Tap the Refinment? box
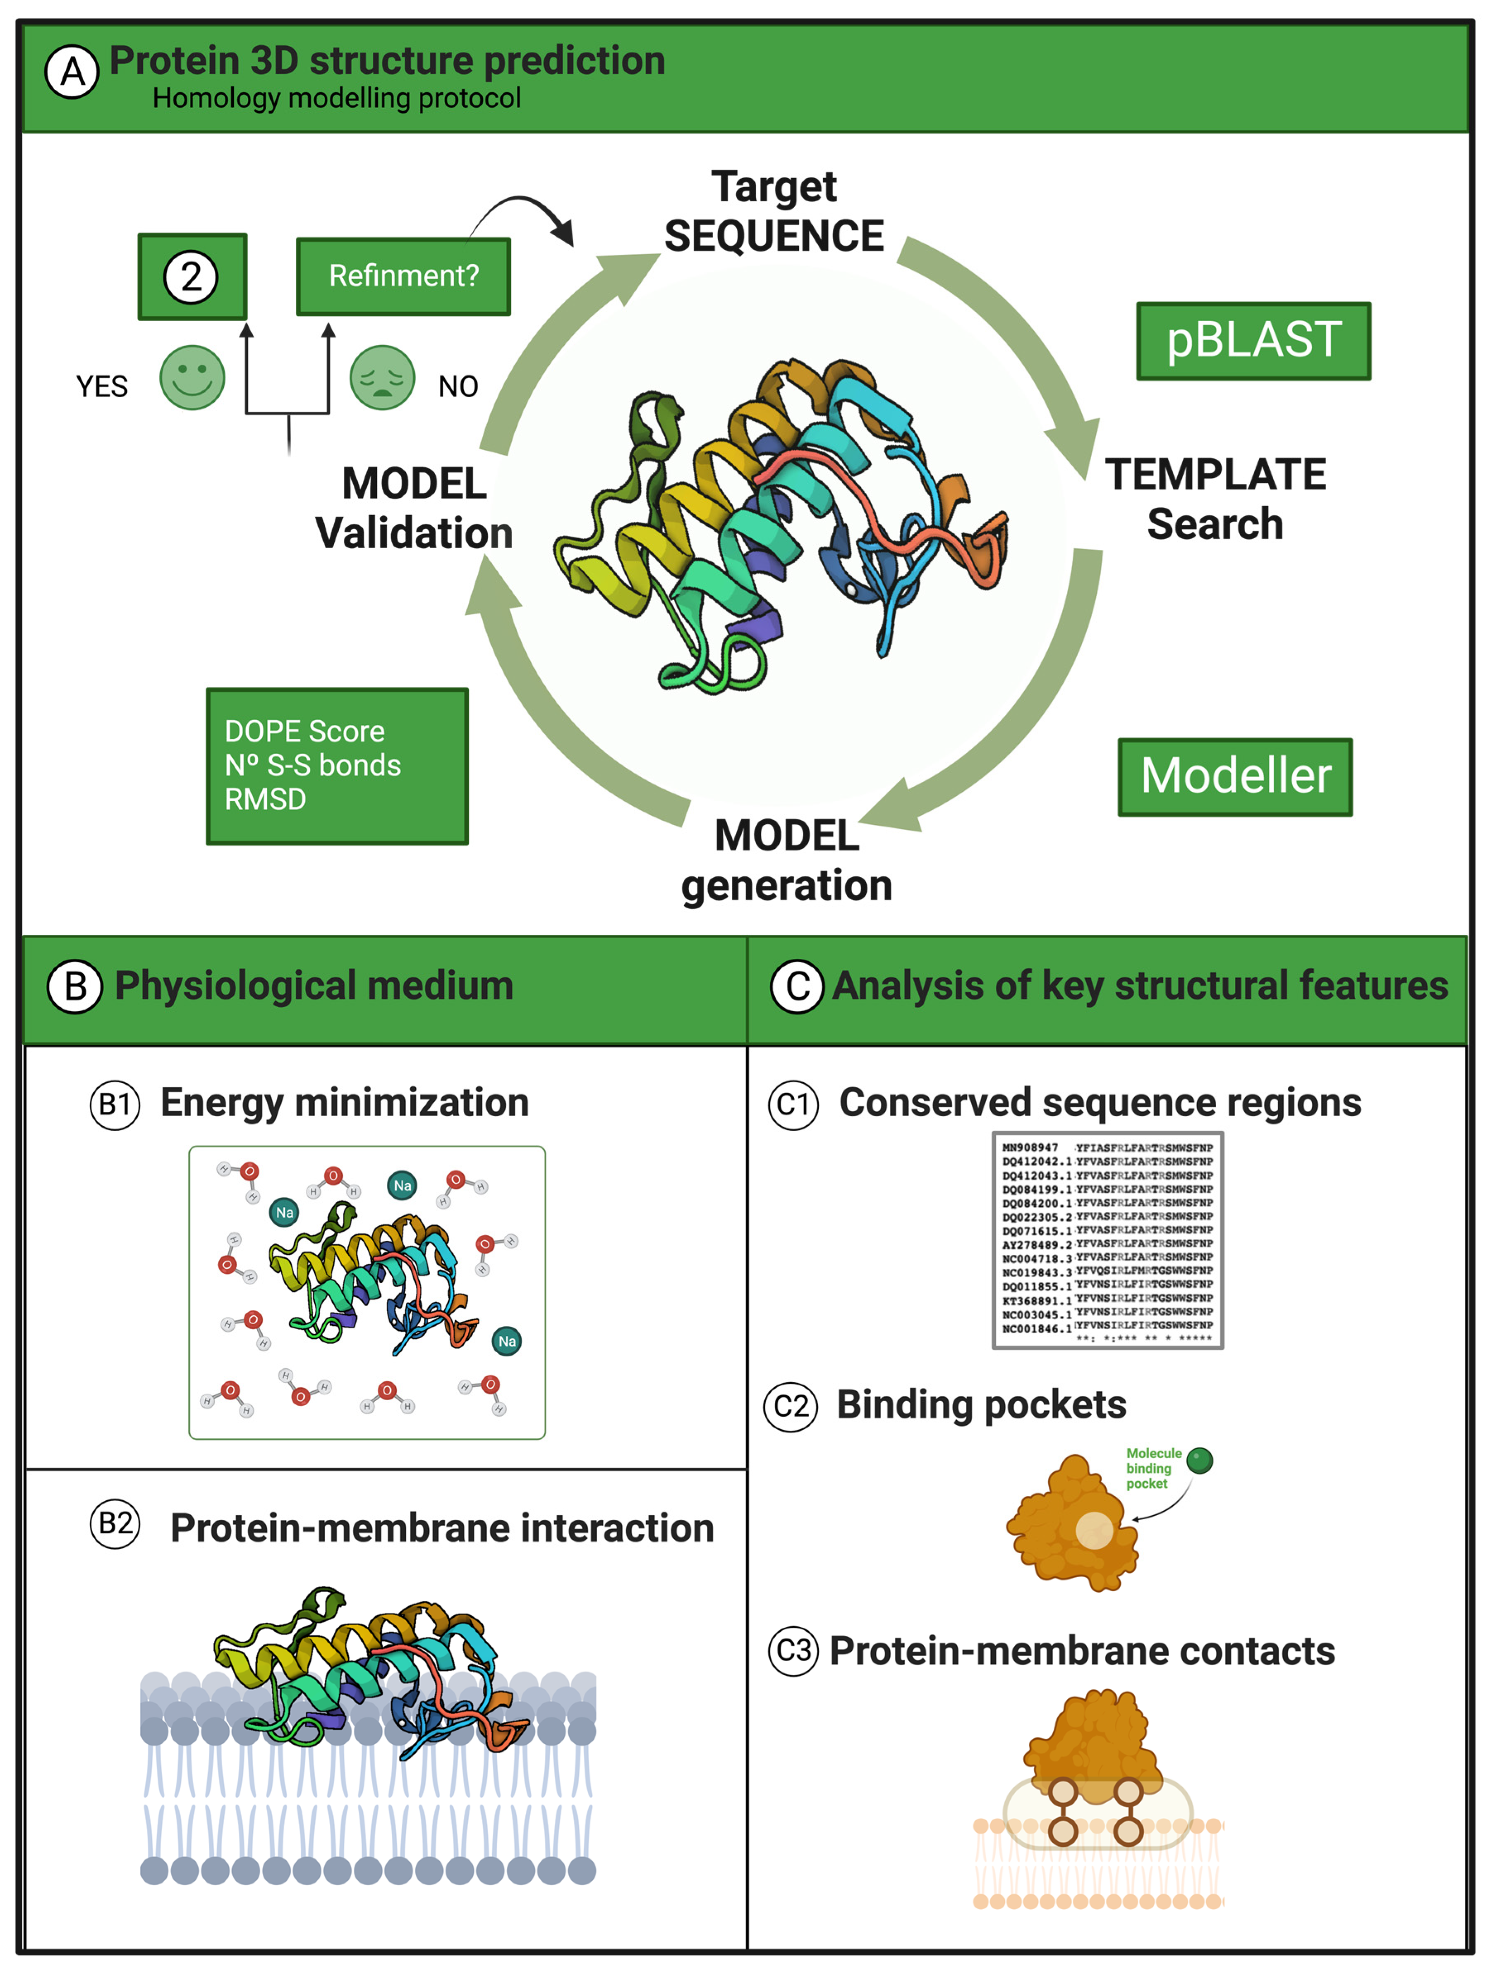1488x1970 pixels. pyautogui.click(x=403, y=276)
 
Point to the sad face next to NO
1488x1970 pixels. pyautogui.click(x=381, y=377)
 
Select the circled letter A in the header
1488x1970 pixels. pyautogui.click(x=72, y=72)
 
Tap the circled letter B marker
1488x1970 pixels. pyautogui.click(x=75, y=987)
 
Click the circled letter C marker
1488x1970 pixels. pyautogui.click(x=797, y=987)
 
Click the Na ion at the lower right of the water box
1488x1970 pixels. pyautogui.click(x=506, y=1341)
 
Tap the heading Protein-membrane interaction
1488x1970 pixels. pyautogui.click(x=442, y=1528)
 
